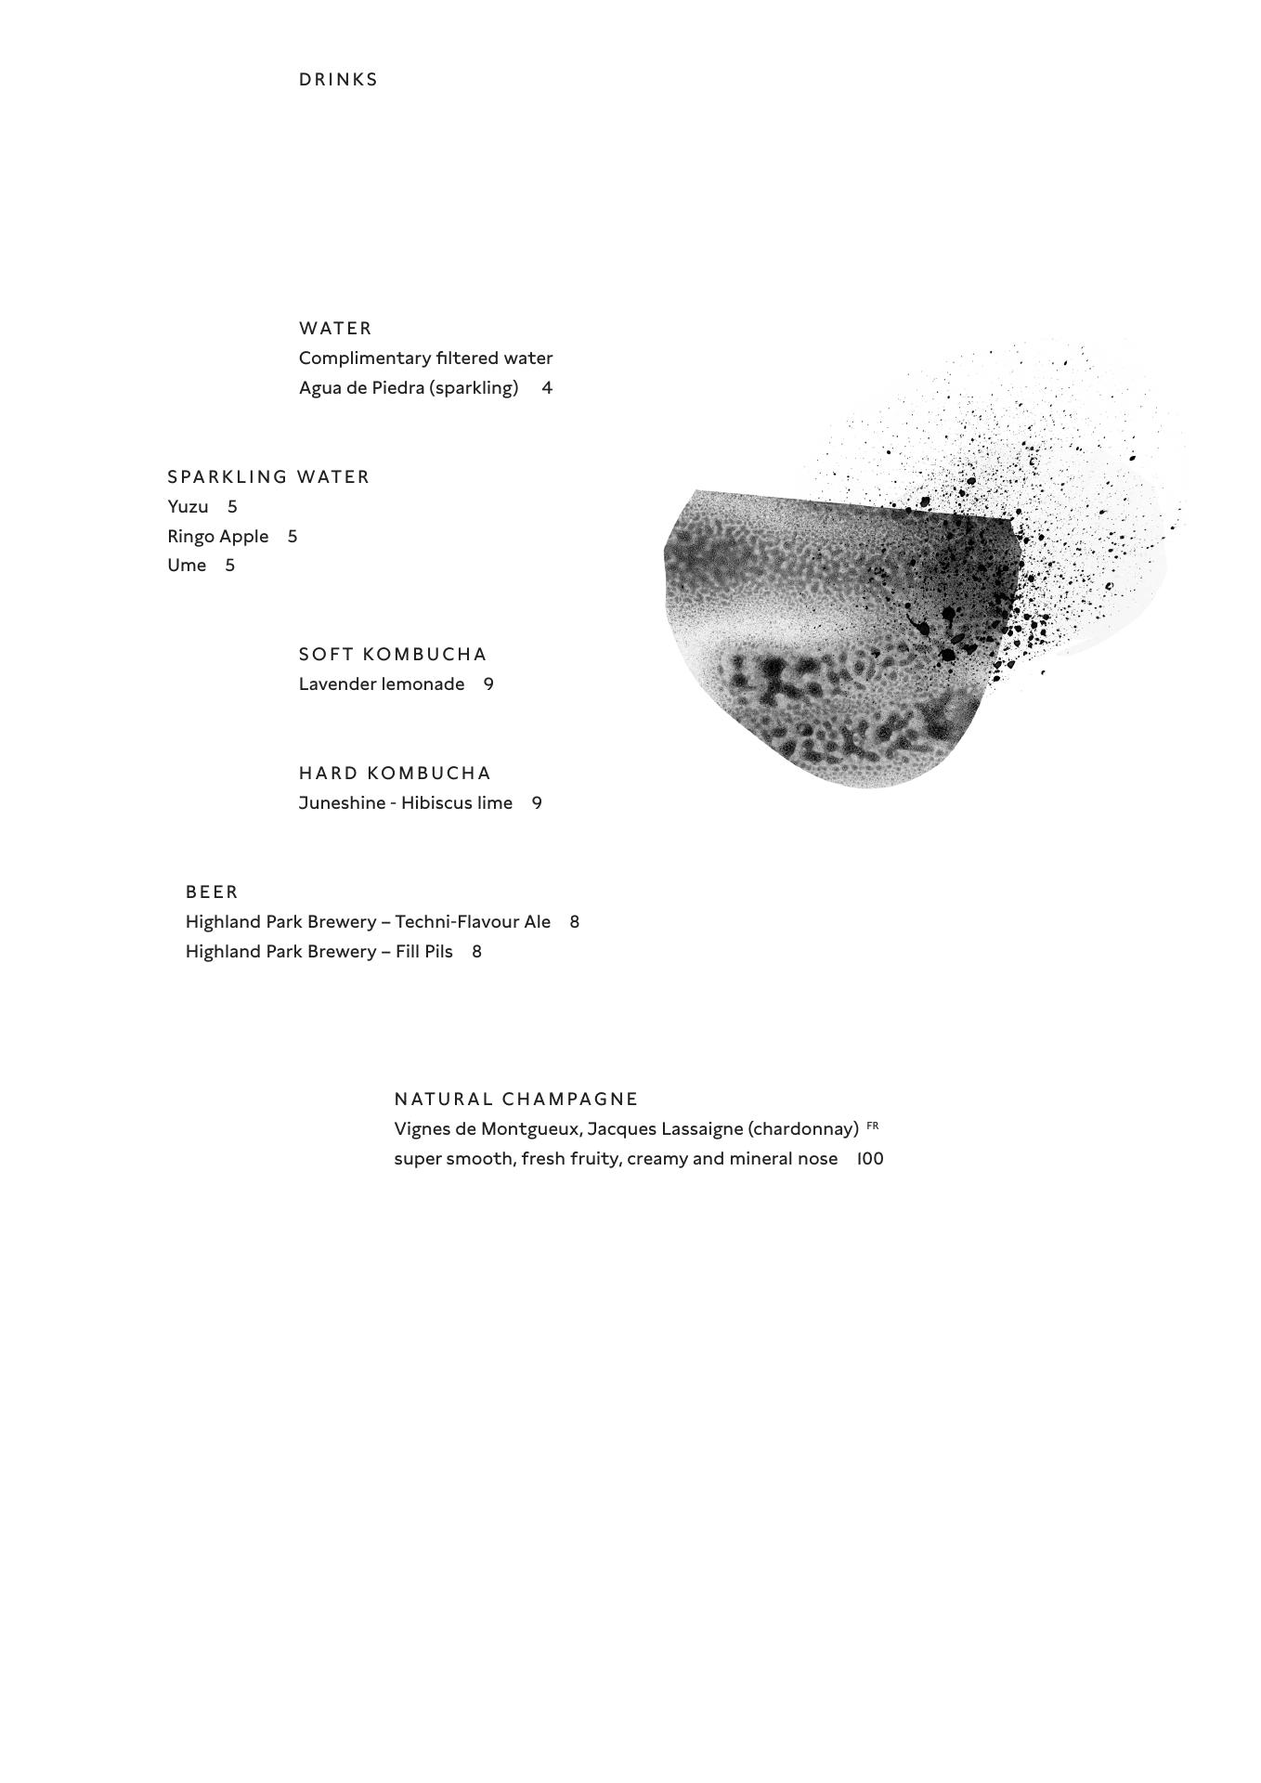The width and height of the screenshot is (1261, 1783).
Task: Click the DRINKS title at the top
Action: pyautogui.click(x=338, y=80)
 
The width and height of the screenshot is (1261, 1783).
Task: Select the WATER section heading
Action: pyautogui.click(x=335, y=329)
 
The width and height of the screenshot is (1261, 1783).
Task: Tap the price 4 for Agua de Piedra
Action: pyautogui.click(x=547, y=388)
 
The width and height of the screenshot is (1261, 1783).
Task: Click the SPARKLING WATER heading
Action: pyautogui.click(x=268, y=477)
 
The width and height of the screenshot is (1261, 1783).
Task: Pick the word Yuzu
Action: pyautogui.click(x=188, y=507)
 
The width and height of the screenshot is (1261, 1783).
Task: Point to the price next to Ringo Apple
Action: pyautogui.click(x=292, y=537)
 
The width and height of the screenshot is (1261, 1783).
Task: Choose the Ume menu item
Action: pyautogui.click(x=187, y=566)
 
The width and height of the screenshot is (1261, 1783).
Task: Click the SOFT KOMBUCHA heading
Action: pyautogui.click(x=393, y=655)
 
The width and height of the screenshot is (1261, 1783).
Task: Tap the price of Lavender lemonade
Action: pyautogui.click(x=488, y=684)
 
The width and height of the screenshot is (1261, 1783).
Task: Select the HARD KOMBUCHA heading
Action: pyautogui.click(x=395, y=774)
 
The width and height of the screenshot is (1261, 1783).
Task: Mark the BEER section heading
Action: pyautogui.click(x=212, y=892)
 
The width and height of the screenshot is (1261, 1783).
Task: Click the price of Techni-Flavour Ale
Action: pyautogui.click(x=575, y=922)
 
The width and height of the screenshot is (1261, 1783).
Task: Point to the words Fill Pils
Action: pyautogui.click(x=424, y=952)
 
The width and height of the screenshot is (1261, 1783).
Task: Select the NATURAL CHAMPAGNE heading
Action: pyautogui.click(x=516, y=1100)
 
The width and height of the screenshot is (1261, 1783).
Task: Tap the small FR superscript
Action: pyautogui.click(x=872, y=1126)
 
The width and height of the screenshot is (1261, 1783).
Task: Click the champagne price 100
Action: pyautogui.click(x=870, y=1159)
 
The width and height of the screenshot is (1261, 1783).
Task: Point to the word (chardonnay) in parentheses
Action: pyautogui.click(x=802, y=1129)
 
